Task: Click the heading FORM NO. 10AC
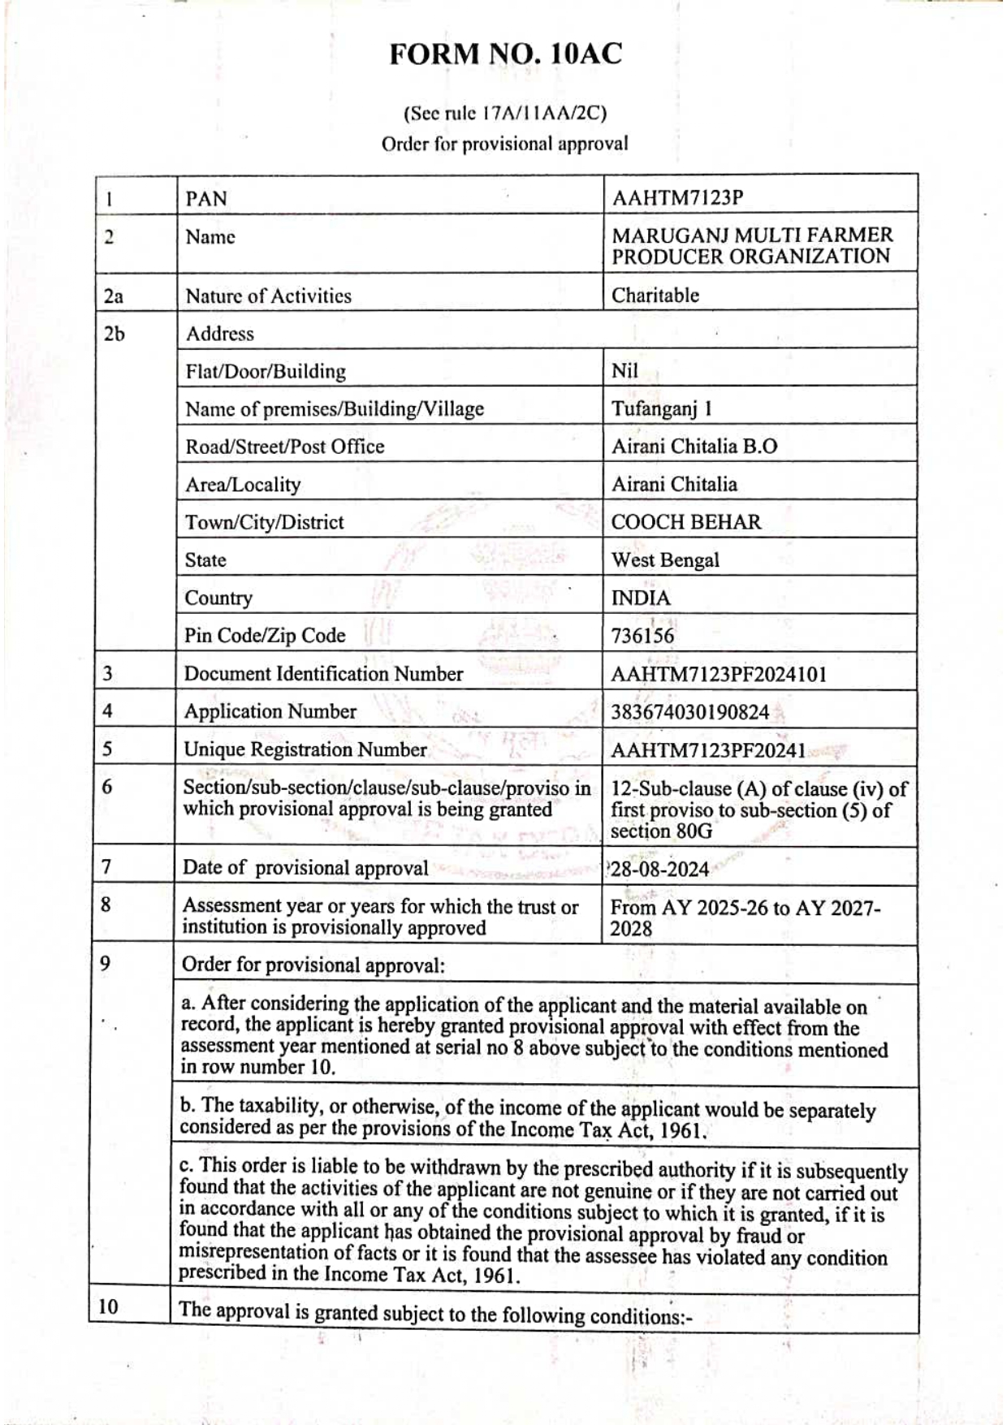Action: [505, 54]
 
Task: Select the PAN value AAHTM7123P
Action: [677, 198]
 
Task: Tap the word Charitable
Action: [655, 296]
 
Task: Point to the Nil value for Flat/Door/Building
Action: [625, 371]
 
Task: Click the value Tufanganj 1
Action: [661, 408]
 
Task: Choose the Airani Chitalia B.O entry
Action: [694, 447]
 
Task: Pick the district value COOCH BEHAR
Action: [685, 522]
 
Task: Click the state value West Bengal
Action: [665, 560]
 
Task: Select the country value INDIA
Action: [641, 598]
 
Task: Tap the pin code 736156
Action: [642, 636]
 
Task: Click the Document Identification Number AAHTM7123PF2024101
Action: [718, 675]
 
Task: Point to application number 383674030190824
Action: [689, 713]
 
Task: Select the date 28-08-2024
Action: [659, 870]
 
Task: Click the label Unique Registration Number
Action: [305, 749]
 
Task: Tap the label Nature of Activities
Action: [268, 296]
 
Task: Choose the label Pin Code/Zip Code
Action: [265, 636]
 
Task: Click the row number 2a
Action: [113, 296]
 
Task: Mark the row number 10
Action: [108, 1306]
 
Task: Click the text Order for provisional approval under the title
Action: [504, 145]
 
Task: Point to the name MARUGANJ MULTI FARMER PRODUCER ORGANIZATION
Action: [751, 246]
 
